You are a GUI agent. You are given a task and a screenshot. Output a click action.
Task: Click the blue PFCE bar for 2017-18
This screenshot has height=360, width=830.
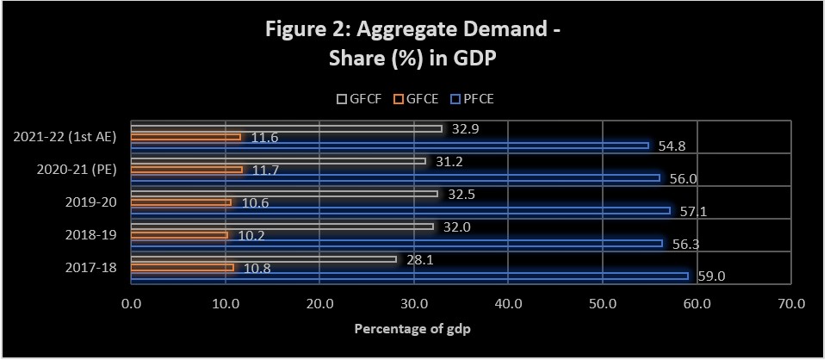pyautogui.click(x=409, y=276)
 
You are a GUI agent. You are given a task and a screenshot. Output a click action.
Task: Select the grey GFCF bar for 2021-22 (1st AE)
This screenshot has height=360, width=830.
pyautogui.click(x=286, y=128)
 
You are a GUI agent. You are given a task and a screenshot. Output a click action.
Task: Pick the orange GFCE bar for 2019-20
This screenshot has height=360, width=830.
pyautogui.click(x=181, y=202)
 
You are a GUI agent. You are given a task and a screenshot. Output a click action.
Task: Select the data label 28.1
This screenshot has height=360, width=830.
pyautogui.click(x=419, y=258)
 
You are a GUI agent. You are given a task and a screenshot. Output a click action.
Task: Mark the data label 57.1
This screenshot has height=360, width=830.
pyautogui.click(x=694, y=211)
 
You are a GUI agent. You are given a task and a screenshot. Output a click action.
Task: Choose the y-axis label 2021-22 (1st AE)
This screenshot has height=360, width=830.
pyautogui.click(x=71, y=136)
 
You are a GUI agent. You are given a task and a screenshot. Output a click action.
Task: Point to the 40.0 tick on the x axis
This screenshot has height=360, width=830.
pyautogui.click(x=508, y=302)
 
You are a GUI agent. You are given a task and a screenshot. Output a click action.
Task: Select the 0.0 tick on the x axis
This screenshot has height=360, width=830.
pyautogui.click(x=131, y=302)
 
